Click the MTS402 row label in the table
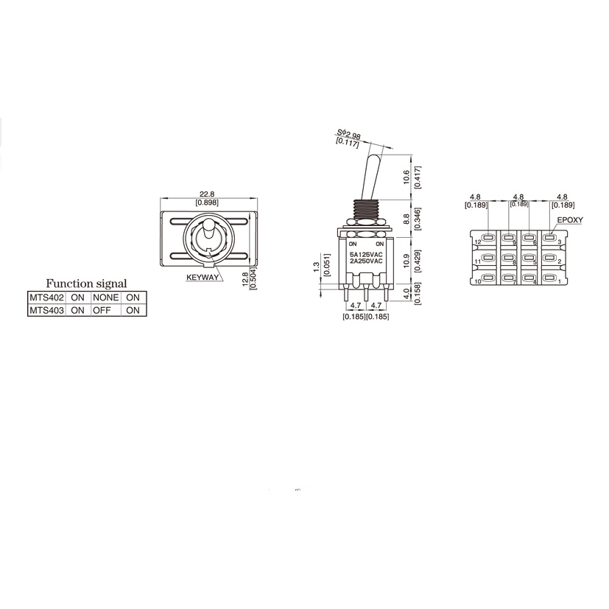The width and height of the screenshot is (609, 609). coord(47,298)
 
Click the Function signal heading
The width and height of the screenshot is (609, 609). coord(86,284)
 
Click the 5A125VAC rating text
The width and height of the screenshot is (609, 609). coord(366,253)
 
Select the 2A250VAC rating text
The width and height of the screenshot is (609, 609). coord(366,261)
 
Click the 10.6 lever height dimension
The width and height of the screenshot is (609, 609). coord(407,177)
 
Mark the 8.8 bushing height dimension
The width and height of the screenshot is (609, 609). coord(407,219)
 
